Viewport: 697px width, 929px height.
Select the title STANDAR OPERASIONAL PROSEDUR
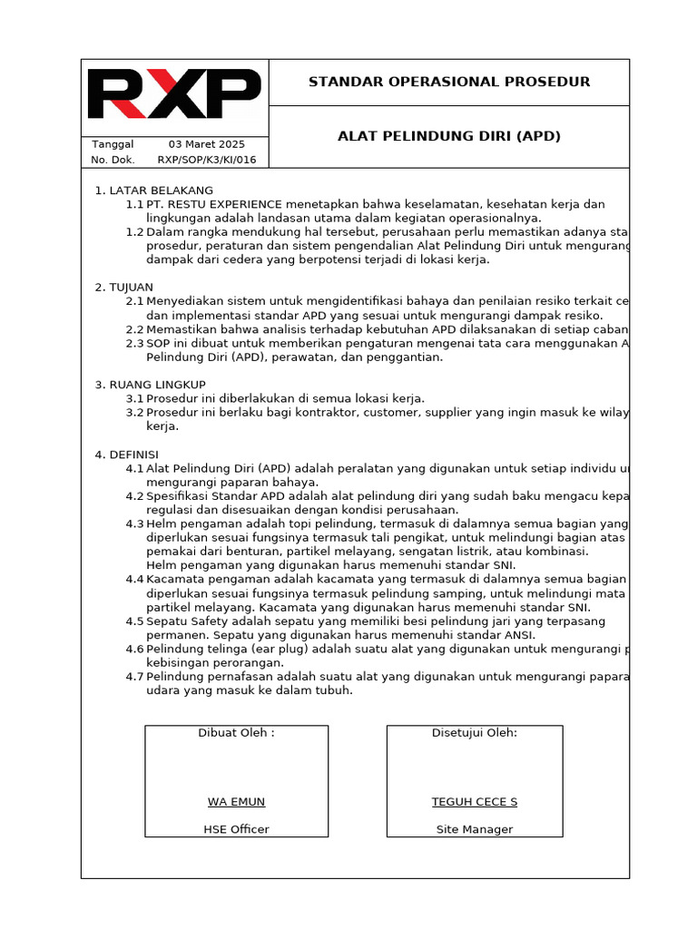[449, 82]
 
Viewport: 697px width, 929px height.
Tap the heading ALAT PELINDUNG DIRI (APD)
[449, 136]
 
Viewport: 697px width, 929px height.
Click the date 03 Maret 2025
[207, 144]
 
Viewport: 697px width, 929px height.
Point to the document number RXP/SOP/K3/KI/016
[207, 160]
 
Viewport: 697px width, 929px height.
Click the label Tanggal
[113, 144]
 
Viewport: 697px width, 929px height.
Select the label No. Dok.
[113, 160]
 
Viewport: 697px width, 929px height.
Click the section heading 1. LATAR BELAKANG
[154, 191]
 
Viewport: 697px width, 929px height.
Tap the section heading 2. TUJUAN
[124, 287]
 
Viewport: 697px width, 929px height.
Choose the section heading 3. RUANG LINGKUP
[151, 384]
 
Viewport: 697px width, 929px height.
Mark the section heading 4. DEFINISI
[127, 454]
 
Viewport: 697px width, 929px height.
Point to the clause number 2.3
[134, 343]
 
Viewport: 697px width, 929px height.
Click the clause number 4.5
[134, 621]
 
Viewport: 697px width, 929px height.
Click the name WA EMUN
[236, 802]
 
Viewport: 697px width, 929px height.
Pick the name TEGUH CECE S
[475, 802]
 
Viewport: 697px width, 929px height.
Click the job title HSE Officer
[236, 829]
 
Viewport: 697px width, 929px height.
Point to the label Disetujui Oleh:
[475, 732]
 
